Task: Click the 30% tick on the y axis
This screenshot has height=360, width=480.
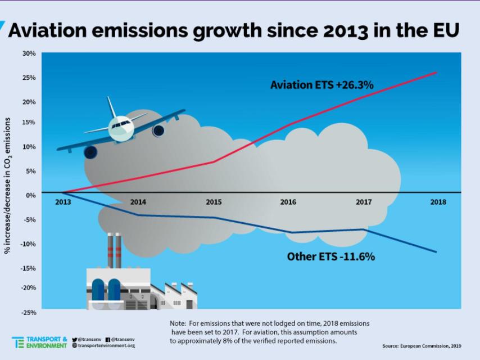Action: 29,53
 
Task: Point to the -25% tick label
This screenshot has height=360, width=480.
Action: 29,312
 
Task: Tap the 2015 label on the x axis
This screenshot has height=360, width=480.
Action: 214,202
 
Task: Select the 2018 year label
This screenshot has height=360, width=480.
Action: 438,202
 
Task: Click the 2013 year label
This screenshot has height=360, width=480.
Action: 63,202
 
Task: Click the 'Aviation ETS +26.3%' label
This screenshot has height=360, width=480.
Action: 322,85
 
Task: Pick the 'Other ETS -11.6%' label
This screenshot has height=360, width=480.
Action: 330,256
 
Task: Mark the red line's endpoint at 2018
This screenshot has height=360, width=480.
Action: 436,73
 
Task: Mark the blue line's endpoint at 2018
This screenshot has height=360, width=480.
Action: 436,251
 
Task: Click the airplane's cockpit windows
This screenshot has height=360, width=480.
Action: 121,124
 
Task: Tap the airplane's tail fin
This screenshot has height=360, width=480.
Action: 111,106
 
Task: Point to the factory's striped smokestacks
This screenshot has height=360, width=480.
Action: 115,250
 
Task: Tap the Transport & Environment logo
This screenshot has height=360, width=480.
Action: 39,342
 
